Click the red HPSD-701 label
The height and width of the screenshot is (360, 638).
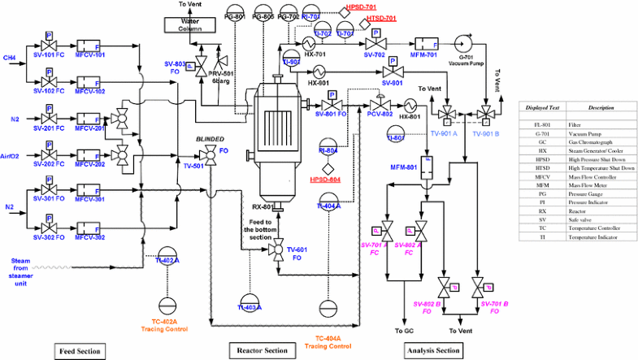pos(360,7)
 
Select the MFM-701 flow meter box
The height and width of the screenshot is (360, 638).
pos(426,42)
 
